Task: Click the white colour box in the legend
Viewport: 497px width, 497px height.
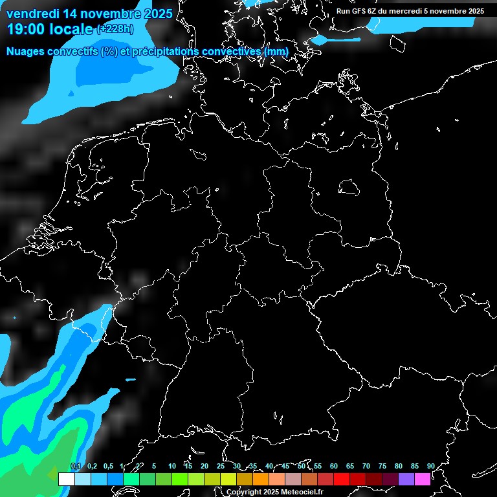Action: point(66,479)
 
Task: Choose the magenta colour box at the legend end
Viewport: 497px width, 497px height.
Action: point(422,479)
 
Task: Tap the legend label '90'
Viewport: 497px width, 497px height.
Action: point(430,466)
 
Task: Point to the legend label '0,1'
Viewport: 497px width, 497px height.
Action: point(75,466)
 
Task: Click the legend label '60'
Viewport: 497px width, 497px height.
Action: point(333,466)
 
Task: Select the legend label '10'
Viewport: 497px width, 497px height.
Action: point(171,466)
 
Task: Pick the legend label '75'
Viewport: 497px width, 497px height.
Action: point(382,466)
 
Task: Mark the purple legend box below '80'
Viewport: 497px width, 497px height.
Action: point(406,479)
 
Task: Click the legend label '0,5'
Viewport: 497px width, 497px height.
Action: point(107,466)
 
